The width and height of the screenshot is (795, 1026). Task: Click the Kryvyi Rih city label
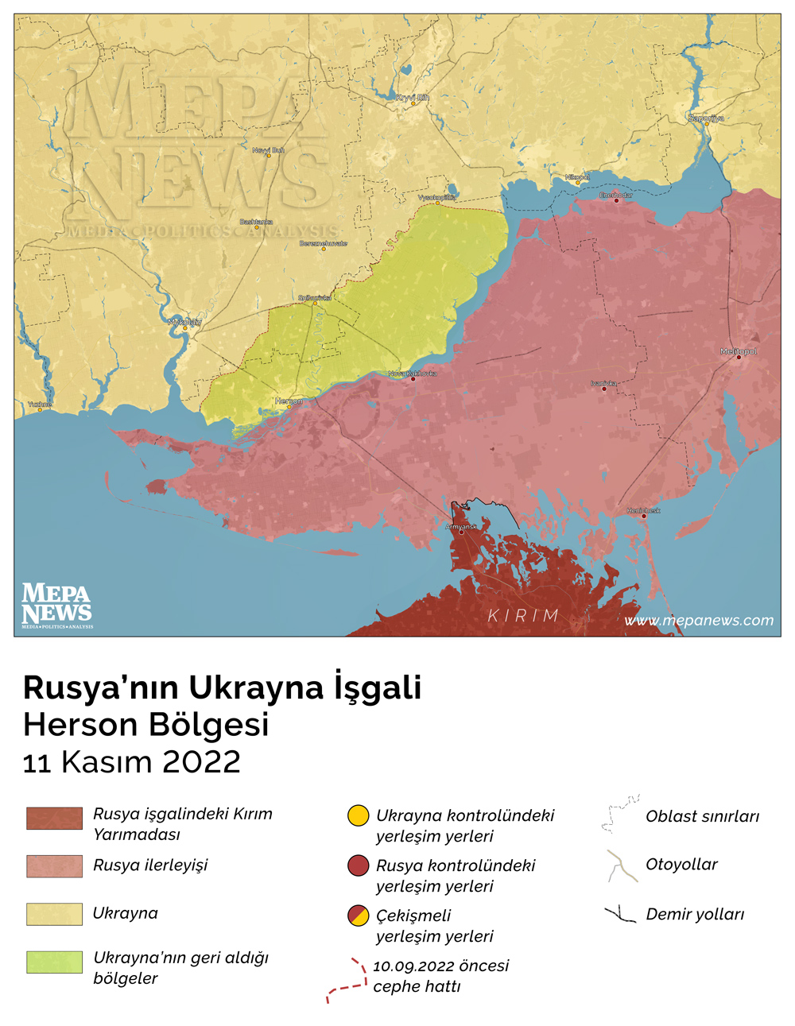(413, 98)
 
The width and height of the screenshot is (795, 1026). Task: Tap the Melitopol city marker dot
(739, 358)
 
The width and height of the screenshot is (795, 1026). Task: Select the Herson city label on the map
(289, 401)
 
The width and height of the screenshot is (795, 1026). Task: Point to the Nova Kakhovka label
(413, 374)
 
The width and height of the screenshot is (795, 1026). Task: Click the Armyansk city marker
(462, 532)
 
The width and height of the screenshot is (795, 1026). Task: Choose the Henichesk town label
(643, 510)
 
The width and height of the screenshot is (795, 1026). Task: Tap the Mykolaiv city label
(184, 322)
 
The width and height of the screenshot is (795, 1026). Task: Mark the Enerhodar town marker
(616, 200)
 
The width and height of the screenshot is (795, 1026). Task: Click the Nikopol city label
(577, 177)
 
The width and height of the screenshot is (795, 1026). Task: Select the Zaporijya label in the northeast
(706, 118)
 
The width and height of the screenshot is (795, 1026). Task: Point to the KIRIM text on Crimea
(523, 616)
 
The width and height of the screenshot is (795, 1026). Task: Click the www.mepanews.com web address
(699, 621)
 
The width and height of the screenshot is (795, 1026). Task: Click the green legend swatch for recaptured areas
(54, 962)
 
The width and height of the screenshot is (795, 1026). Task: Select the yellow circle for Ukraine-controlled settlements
(359, 815)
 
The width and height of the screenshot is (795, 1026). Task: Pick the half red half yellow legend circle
(359, 916)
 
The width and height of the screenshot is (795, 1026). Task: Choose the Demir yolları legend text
(695, 914)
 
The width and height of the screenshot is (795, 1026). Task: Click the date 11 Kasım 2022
(132, 761)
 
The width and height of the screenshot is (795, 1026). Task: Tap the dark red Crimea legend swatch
(54, 819)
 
